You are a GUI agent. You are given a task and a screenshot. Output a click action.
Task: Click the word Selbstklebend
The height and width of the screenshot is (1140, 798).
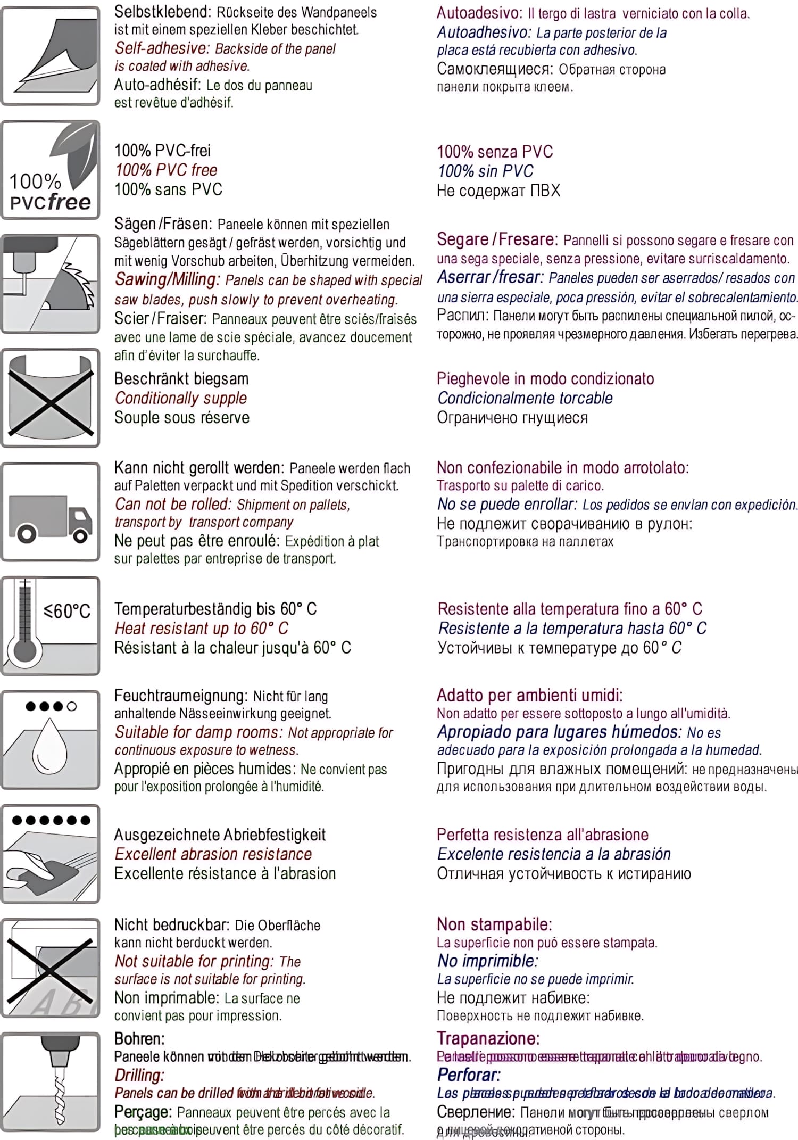(x=162, y=12)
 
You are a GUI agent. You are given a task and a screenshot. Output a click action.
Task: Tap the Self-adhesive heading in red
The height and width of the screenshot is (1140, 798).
(x=162, y=48)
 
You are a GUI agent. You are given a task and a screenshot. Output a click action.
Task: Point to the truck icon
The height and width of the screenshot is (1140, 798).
(x=50, y=518)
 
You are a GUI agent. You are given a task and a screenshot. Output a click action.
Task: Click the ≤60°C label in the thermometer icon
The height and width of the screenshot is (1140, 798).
(x=67, y=610)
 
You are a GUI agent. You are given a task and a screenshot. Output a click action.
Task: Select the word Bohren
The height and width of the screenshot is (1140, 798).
(x=139, y=1039)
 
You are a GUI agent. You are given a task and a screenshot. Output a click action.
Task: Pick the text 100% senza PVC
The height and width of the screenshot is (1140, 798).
(x=494, y=152)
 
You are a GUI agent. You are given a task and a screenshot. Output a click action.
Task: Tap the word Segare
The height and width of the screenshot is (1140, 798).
(x=462, y=239)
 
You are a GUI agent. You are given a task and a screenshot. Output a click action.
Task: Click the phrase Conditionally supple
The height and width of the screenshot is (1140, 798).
(x=181, y=398)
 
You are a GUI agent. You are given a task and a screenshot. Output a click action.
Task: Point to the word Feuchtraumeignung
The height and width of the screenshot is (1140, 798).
(x=181, y=696)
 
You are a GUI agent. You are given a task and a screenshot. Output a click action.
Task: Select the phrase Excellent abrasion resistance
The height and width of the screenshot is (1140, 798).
(x=213, y=854)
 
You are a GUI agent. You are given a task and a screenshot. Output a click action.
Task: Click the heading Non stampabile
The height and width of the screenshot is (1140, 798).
(x=494, y=924)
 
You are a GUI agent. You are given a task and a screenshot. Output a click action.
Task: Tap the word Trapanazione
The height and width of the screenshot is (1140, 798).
(x=488, y=1038)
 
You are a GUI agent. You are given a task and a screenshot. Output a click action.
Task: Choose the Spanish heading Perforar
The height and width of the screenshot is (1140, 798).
(x=468, y=1075)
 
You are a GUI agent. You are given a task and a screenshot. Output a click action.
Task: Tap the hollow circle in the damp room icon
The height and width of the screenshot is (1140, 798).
(x=72, y=706)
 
